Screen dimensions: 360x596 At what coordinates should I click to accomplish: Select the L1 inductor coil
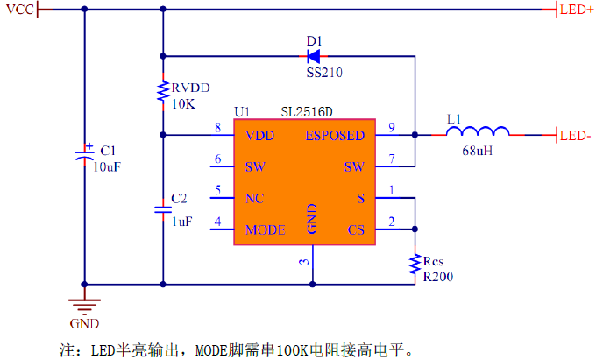click(477, 133)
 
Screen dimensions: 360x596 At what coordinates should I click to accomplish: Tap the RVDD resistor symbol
click(163, 92)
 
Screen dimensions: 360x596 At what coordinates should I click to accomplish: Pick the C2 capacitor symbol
click(163, 210)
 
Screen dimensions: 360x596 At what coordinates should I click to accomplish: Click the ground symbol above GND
click(84, 306)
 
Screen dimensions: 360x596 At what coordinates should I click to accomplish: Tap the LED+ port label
click(575, 10)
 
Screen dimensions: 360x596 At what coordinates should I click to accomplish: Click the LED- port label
click(574, 135)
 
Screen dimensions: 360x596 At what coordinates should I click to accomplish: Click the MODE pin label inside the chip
click(266, 230)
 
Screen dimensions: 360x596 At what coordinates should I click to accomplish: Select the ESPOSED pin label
click(335, 136)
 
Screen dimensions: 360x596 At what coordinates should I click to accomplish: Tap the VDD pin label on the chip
click(259, 136)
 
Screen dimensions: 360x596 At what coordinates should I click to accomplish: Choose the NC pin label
click(255, 198)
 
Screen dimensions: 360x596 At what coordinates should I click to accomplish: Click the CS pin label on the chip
click(355, 230)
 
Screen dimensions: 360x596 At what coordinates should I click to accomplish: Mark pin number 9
click(392, 128)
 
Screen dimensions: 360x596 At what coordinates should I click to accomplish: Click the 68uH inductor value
click(477, 151)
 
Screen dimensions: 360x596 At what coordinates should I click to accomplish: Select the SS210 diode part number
click(324, 73)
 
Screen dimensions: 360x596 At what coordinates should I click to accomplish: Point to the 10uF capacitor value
click(105, 166)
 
